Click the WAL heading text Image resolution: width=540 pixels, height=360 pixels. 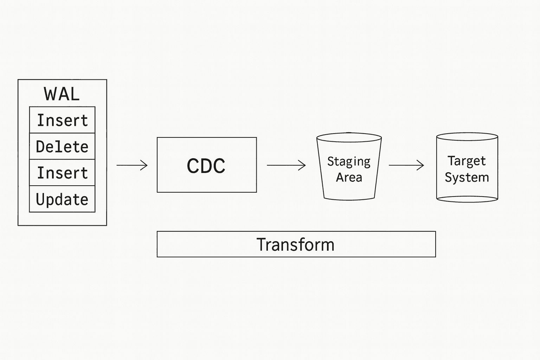tap(62, 94)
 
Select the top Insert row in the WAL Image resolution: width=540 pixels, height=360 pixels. tap(62, 120)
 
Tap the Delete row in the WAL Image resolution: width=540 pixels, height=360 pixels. tap(62, 146)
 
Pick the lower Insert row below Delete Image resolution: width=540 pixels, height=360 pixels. tap(62, 173)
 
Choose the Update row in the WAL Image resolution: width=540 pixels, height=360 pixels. tap(62, 199)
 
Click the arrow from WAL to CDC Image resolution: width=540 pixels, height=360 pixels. tap(132, 165)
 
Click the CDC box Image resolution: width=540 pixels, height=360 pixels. tap(207, 165)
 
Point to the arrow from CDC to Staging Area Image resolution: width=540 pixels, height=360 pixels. tap(286, 165)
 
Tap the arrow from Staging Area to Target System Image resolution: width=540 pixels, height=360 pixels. tap(406, 165)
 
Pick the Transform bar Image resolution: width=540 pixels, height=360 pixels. tap(296, 244)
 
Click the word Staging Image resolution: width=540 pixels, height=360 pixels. tap(349, 161)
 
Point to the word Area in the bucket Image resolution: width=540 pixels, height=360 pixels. tap(349, 177)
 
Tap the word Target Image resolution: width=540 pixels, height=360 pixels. tap(467, 161)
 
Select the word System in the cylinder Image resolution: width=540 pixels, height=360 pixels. tap(467, 177)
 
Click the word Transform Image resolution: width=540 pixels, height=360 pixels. tap(295, 244)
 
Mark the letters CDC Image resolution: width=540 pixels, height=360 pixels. tap(206, 166)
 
